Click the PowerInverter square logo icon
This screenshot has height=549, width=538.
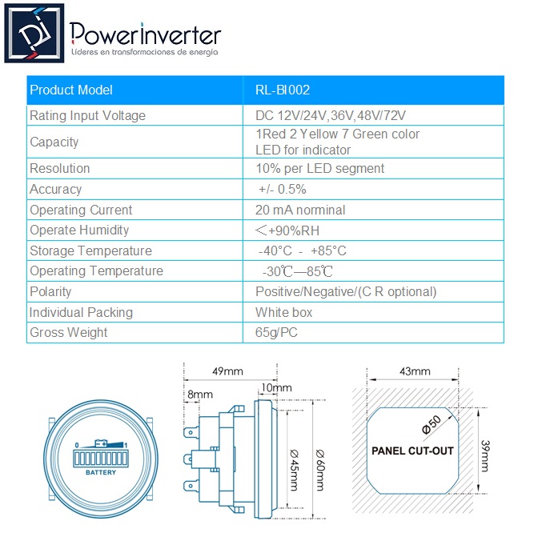pos(34,34)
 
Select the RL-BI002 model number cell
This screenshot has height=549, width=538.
pos(283,90)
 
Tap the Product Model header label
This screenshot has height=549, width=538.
pos(71,90)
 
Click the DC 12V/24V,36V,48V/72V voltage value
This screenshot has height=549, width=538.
pos(331,115)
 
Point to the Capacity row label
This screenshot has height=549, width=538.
pos(54,142)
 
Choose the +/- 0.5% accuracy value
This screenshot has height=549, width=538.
pos(283,190)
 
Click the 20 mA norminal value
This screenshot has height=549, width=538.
pos(300,210)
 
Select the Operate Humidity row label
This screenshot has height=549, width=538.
pos(79,230)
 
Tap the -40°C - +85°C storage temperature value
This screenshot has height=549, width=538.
pos(303,251)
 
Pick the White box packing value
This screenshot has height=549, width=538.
pos(283,312)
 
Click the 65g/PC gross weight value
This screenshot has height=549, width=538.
pos(276,333)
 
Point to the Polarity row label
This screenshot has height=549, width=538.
pos(50,292)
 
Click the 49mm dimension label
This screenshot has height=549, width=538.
pos(227,371)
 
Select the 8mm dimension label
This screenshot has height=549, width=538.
pos(200,395)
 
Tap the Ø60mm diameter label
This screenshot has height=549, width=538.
pos(320,471)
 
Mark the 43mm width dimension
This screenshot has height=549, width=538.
pos(415,371)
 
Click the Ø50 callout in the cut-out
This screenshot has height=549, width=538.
pos(432,425)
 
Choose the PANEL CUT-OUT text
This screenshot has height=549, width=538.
pos(412,451)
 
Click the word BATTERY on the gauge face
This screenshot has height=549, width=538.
pos(101,473)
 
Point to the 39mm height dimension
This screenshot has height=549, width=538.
pos(485,456)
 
